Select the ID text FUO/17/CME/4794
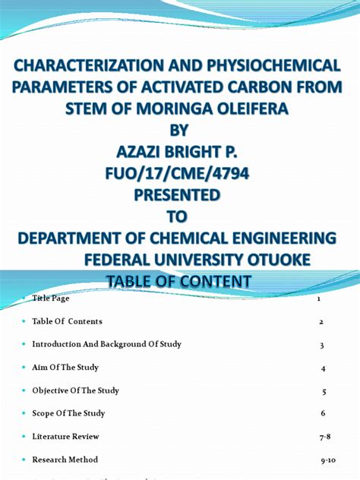click(179, 176)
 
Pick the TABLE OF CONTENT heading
click(179, 282)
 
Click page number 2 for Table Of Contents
click(321, 322)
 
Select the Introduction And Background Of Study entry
click(106, 345)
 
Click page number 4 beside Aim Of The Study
click(323, 368)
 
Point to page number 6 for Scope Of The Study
click(322, 414)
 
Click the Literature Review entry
click(65, 437)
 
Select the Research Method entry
click(65, 459)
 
